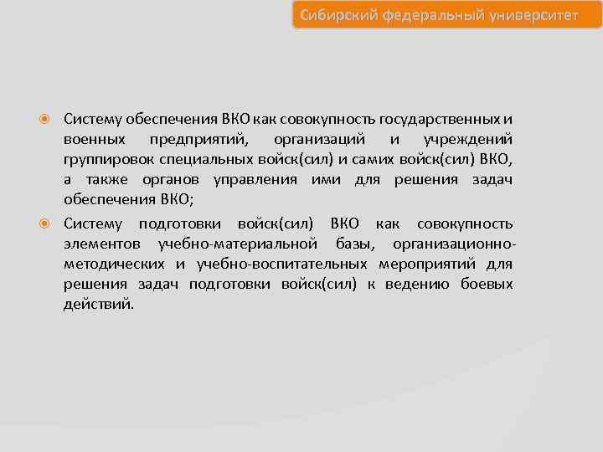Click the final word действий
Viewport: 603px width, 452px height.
click(98, 305)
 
